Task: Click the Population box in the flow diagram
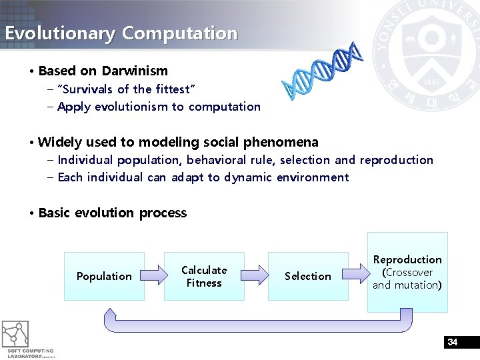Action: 104,276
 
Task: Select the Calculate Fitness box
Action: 204,276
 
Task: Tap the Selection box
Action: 307,276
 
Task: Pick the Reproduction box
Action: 407,271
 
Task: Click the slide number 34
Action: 453,342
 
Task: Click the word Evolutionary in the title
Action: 60,33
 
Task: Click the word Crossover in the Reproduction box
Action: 409,273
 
